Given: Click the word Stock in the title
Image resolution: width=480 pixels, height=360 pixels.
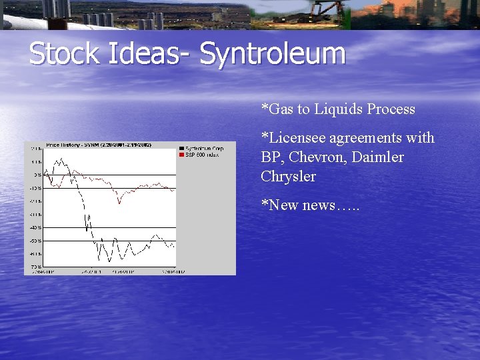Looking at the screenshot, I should (63, 54).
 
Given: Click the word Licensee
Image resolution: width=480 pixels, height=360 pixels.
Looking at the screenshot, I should (293, 138).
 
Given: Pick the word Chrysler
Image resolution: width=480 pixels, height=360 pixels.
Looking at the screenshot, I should (288, 177).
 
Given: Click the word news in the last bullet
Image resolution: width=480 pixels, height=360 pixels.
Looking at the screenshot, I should (323, 205).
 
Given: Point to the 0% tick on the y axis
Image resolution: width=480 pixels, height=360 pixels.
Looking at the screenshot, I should (37, 175).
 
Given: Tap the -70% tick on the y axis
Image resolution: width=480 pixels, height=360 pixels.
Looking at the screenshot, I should (35, 267).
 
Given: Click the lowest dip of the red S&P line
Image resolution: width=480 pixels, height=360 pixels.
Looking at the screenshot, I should (119, 203).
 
